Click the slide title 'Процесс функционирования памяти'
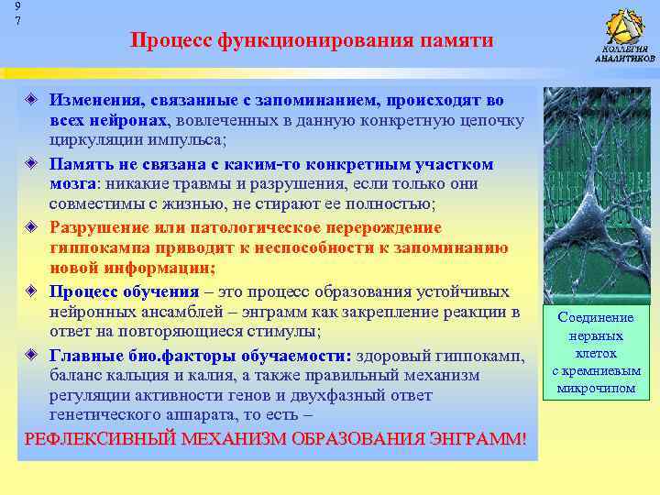point(312,40)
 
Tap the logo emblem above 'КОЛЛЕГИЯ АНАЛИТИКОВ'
point(625,25)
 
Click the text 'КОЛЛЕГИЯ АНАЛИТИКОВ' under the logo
point(625,53)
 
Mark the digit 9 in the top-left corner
point(5,5)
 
